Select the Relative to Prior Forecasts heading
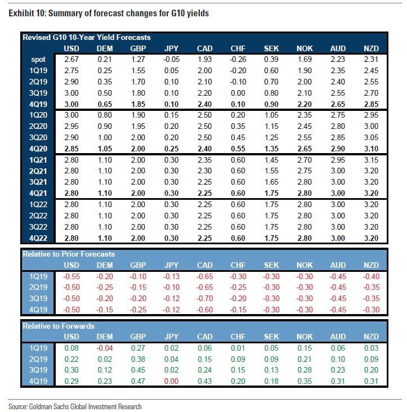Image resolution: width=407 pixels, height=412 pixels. coord(68,254)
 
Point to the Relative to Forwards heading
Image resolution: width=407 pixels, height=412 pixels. coord(59,325)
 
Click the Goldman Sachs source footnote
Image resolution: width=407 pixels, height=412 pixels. coord(75,406)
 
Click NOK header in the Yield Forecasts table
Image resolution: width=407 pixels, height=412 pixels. coord(305,48)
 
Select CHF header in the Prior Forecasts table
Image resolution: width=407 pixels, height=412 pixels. coord(238,265)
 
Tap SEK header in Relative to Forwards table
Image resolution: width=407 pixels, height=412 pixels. coord(271,336)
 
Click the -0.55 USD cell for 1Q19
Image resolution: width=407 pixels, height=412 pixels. coord(70,276)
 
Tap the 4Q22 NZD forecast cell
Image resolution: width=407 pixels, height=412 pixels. coord(371,238)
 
